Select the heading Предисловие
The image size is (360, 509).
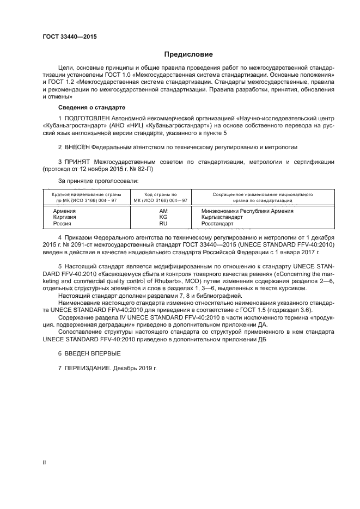pyautogui.click(x=188, y=54)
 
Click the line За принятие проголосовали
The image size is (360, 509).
pyautogui.click(x=98, y=180)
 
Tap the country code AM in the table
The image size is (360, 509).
pyautogui.click(x=163, y=211)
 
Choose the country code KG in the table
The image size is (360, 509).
pyautogui.click(x=163, y=217)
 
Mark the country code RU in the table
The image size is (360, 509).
pyautogui.click(x=163, y=223)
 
